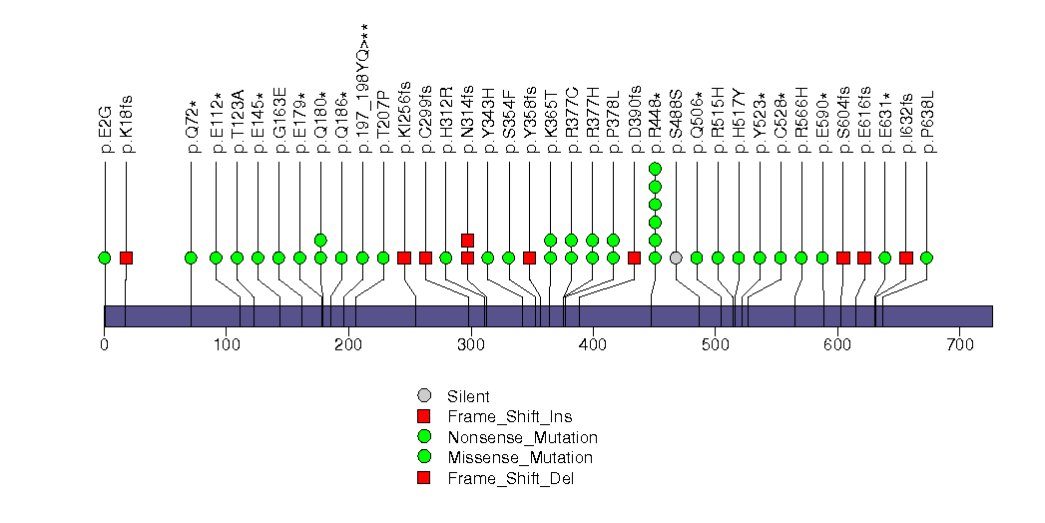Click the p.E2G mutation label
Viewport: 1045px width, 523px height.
[x=105, y=127]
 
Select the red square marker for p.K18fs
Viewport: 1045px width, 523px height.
[x=126, y=258]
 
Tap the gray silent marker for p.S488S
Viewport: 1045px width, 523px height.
[x=676, y=258]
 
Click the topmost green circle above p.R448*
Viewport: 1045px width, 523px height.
[x=655, y=169]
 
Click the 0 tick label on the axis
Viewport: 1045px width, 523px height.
[x=105, y=345]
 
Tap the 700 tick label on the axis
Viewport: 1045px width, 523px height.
[x=959, y=345]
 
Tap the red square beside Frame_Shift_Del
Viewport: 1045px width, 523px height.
[x=424, y=478]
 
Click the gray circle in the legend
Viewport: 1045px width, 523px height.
[x=424, y=396]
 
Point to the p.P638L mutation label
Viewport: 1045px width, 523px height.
[x=927, y=123]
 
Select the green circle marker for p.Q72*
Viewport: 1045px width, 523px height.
[x=191, y=258]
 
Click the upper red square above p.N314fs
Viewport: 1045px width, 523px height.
[x=467, y=240]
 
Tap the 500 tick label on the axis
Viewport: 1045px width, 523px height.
[x=716, y=345]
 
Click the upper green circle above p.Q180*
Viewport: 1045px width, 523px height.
[x=320, y=240]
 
